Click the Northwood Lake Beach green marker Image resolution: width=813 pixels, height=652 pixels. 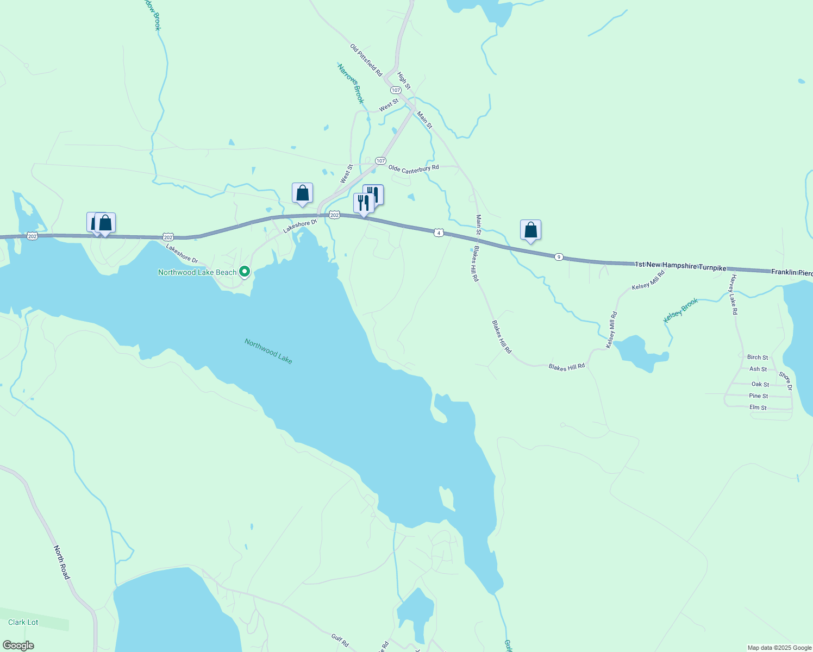point(245,271)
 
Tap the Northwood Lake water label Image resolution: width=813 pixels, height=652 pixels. point(268,351)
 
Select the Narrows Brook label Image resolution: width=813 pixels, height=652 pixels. point(351,84)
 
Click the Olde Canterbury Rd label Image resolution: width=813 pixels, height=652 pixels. point(413,169)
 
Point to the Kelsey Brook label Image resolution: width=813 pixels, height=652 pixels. point(681,310)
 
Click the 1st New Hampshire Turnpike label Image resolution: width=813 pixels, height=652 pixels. point(680,266)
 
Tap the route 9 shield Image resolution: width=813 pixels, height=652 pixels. point(559,256)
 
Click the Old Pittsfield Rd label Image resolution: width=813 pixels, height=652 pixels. point(366,60)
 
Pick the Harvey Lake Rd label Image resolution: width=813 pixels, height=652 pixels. point(734,294)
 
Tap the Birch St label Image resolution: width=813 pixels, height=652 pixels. point(758,357)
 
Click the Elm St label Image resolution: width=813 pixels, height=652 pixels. point(758,407)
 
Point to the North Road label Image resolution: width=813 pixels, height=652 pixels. point(61,562)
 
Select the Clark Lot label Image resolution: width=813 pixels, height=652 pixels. point(23,622)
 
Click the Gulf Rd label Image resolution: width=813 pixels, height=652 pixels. point(340,640)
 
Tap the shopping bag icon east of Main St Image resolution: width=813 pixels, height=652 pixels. point(530,230)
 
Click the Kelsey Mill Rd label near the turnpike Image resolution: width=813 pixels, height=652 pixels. point(648,280)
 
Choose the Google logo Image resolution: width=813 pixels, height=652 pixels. point(18,645)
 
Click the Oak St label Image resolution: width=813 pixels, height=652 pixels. point(760,384)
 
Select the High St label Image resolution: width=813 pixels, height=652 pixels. point(404,81)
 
